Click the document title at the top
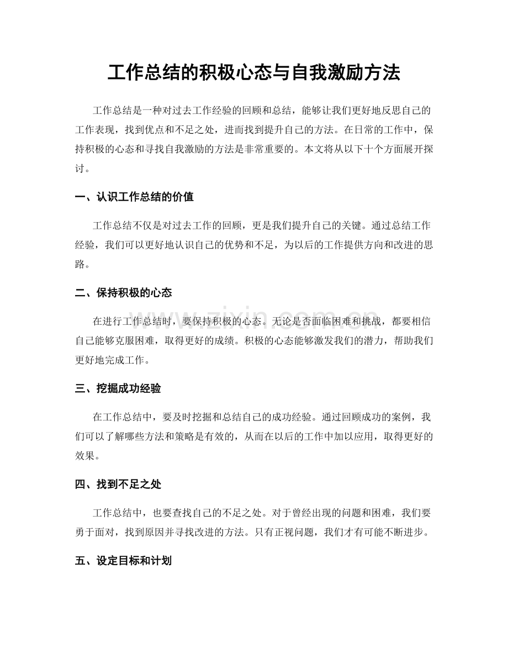pos(253,72)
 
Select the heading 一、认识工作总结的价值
pos(134,197)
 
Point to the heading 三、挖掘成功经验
pos(118,388)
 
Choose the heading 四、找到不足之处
pos(118,485)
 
